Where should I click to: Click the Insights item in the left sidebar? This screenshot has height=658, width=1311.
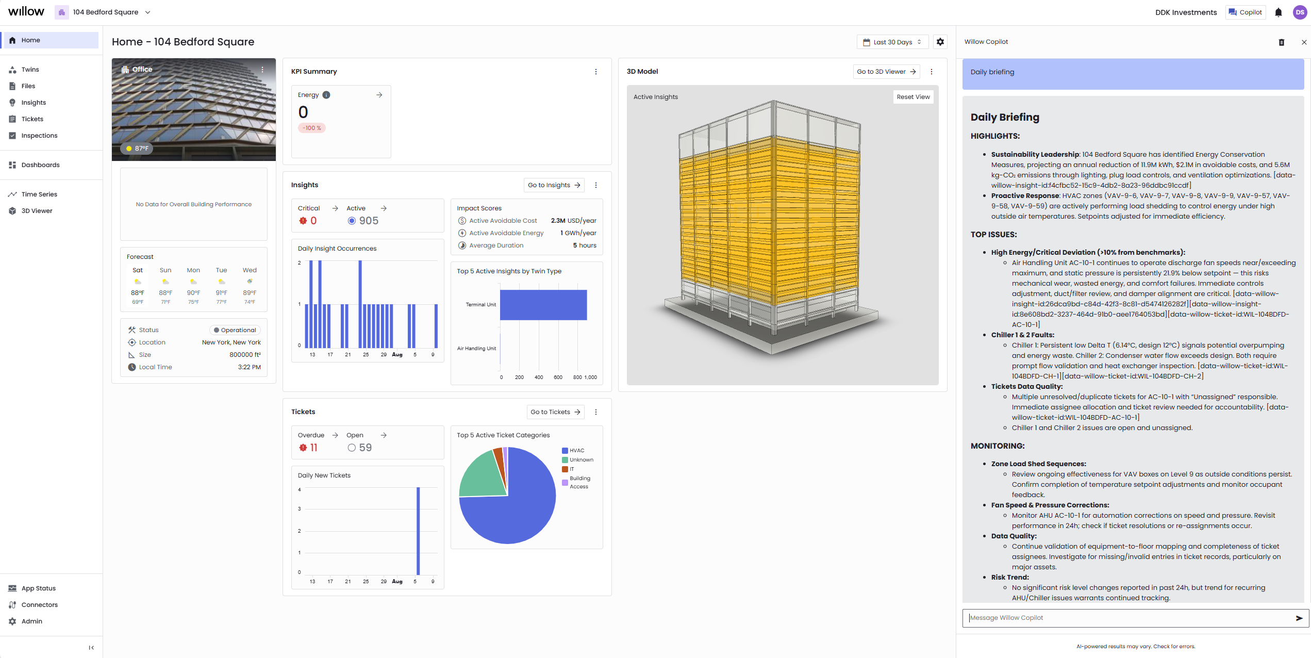[34, 103]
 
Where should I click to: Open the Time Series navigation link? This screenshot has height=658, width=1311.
[39, 194]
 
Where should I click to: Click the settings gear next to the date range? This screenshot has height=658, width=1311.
[940, 42]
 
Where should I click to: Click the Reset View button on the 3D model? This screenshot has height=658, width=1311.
[913, 97]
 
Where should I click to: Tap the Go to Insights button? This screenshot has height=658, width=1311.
[554, 185]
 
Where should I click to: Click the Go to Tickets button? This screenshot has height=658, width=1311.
[555, 412]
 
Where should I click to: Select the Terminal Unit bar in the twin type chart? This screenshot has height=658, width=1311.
[543, 305]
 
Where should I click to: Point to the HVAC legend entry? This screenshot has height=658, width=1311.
[576, 451]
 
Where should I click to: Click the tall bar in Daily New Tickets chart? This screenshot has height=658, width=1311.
[418, 531]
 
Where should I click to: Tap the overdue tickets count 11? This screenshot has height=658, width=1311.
[313, 448]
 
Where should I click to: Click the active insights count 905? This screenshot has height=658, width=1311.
[369, 221]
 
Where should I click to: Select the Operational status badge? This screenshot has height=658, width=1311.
[235, 330]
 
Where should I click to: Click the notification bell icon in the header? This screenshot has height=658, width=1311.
[1278, 12]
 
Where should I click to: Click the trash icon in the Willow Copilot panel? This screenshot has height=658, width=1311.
[1281, 42]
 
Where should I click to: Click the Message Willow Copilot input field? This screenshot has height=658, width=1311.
[1129, 618]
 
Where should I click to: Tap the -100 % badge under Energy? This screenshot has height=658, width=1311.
[311, 128]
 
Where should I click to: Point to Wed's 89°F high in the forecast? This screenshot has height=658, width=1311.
[250, 293]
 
